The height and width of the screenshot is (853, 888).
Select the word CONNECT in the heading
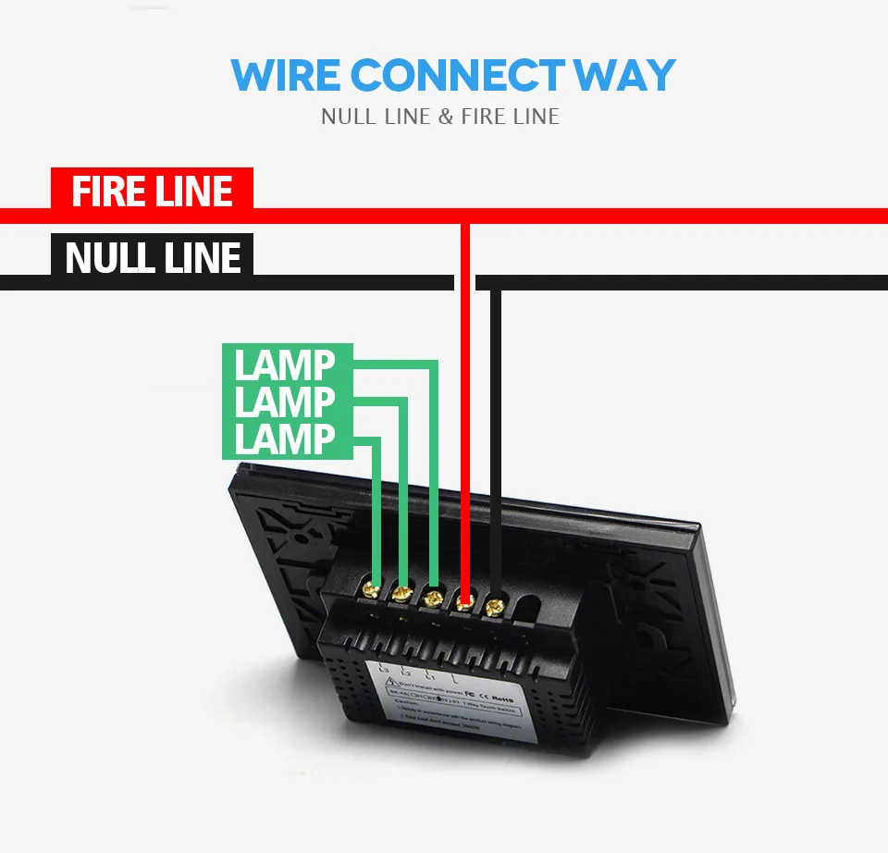click(458, 75)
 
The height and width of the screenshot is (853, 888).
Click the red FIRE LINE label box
click(152, 191)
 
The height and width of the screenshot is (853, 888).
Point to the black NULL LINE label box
click(153, 256)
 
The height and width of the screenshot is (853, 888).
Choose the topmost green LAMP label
click(285, 365)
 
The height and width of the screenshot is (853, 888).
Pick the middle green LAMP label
click(285, 402)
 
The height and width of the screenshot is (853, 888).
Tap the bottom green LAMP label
click(285, 439)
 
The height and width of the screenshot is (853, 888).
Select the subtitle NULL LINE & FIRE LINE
click(440, 117)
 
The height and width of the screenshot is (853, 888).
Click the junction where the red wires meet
click(465, 216)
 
